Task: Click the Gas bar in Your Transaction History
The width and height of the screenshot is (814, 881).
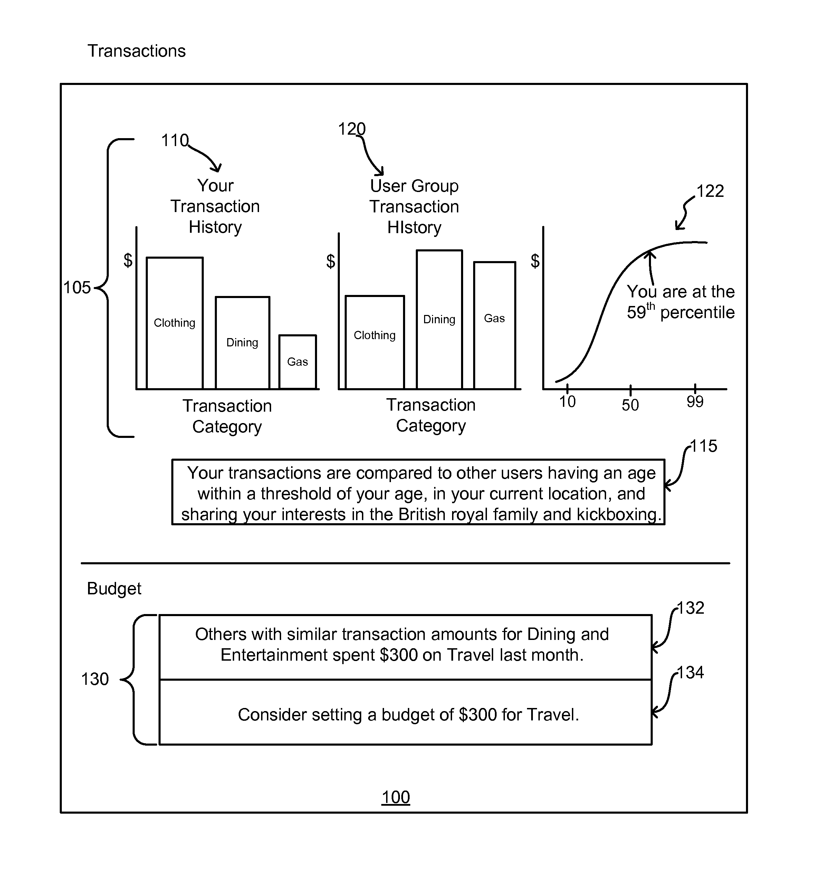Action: point(298,362)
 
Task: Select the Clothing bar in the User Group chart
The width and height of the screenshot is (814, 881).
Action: point(375,342)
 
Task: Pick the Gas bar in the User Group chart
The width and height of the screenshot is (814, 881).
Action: point(495,326)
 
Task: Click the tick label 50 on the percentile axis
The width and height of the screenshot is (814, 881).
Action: point(630,405)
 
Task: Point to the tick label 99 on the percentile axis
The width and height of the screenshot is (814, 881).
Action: point(695,401)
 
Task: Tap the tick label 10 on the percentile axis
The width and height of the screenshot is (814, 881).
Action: point(567,401)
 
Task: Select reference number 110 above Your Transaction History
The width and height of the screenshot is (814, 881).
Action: point(175,140)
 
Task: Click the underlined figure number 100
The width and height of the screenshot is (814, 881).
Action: point(395,797)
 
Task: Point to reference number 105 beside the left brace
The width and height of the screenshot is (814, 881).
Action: point(77,287)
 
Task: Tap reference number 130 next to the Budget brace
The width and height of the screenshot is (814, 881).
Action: point(95,679)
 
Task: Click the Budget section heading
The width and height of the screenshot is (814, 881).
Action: point(114,588)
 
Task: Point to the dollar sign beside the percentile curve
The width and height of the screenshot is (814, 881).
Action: point(535,261)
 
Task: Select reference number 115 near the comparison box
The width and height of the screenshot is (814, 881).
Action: point(703,446)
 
